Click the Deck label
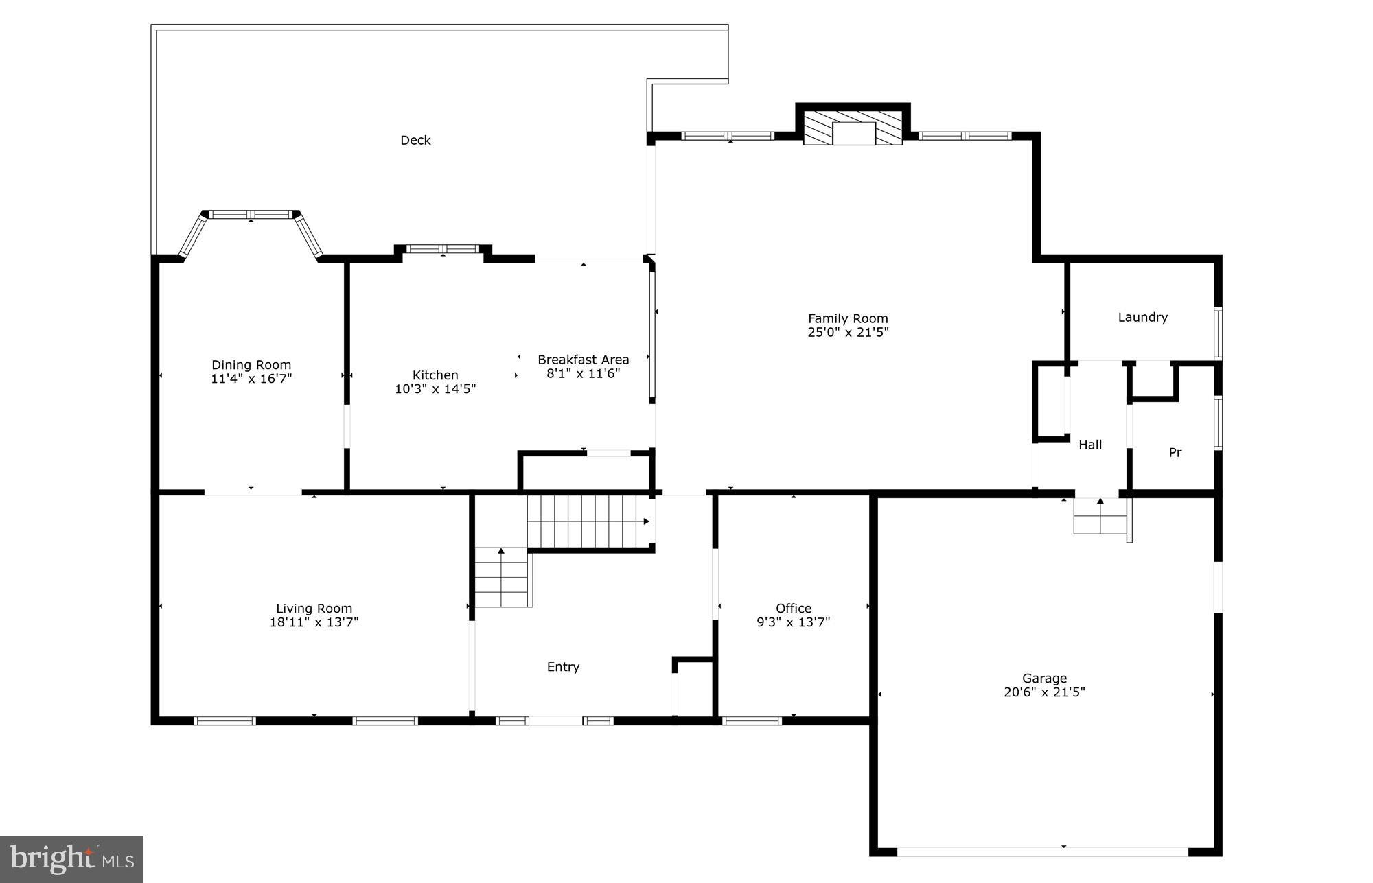[x=415, y=140]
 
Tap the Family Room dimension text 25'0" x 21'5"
[x=848, y=333]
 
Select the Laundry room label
[x=1142, y=317]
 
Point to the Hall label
[x=1090, y=445]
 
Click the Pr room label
[x=1175, y=452]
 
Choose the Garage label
[x=1044, y=678]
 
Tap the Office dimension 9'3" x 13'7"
[x=793, y=622]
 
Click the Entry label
[x=563, y=666]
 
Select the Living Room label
[x=314, y=608]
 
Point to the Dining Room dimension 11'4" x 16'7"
[x=251, y=379]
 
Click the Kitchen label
[x=435, y=375]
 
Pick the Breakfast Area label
[x=583, y=360]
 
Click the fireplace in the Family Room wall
[x=853, y=129]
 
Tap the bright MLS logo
[x=71, y=858]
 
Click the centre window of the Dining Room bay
[x=251, y=215]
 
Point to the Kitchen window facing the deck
[x=443, y=249]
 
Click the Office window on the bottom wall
[x=752, y=720]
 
